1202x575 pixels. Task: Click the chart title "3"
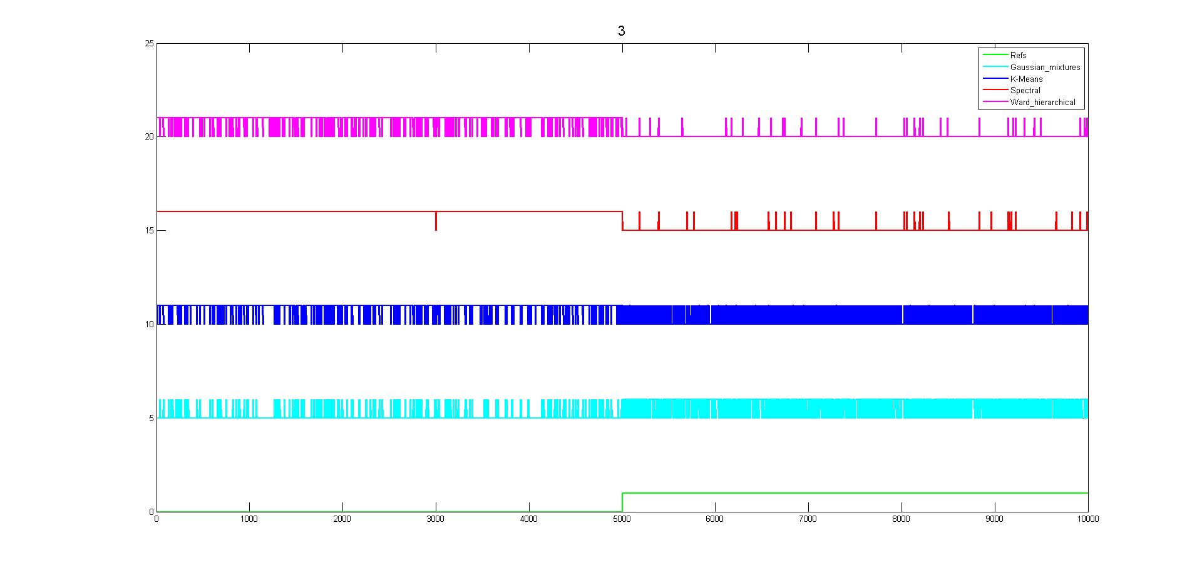click(621, 31)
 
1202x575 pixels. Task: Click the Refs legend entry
click(1018, 56)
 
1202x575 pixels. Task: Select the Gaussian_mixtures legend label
click(1045, 68)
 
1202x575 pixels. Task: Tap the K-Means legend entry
click(1026, 79)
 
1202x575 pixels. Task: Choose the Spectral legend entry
click(1025, 91)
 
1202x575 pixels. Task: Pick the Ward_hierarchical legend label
click(1042, 103)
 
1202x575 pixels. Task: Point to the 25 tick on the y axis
click(149, 43)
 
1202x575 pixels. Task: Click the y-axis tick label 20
click(149, 136)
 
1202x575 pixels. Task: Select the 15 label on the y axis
click(149, 230)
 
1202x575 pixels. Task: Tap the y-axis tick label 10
click(149, 324)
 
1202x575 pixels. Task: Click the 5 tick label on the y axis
click(151, 418)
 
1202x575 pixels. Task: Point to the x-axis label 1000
click(249, 519)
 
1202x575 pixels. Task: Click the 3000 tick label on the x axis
click(435, 519)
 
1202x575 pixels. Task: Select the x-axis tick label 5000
click(622, 519)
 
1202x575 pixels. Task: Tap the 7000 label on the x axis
click(808, 519)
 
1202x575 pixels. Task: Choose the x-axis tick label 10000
click(1087, 519)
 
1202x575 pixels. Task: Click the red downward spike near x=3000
click(436, 222)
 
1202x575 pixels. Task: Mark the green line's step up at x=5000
click(622, 502)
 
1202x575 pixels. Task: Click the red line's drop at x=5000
click(622, 221)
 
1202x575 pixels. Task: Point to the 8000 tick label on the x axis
click(901, 519)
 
